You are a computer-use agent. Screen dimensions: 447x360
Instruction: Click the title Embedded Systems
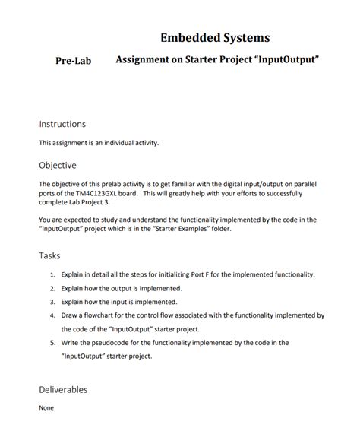(215, 37)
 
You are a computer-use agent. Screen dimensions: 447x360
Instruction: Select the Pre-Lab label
(74, 61)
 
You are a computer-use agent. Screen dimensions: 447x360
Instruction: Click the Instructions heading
(62, 124)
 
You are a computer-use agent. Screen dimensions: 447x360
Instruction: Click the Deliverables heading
(63, 390)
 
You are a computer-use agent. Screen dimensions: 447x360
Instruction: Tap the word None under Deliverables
(46, 407)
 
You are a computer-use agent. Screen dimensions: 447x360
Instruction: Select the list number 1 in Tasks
(52, 274)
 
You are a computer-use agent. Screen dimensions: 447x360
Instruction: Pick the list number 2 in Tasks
(52, 288)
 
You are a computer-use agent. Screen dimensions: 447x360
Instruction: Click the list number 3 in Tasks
(52, 302)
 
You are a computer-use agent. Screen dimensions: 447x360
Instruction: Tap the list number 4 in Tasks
(52, 315)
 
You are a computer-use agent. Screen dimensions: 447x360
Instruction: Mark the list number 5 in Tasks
(52, 343)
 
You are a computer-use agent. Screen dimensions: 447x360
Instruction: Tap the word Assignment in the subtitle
(144, 59)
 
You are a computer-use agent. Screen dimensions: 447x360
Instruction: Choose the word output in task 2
(120, 288)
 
